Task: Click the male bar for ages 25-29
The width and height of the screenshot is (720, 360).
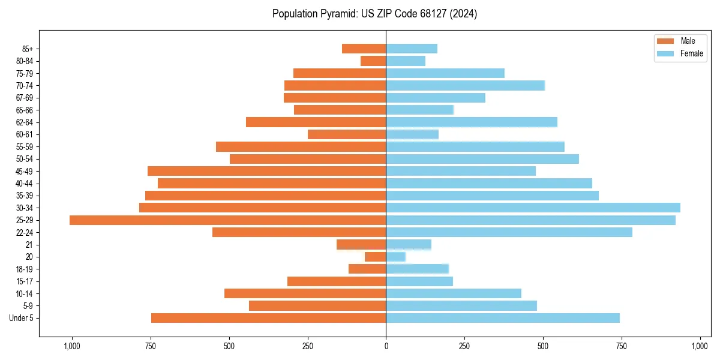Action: (x=228, y=220)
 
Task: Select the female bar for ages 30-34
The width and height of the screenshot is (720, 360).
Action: (x=533, y=208)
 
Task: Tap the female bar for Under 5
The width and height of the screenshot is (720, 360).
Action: (x=503, y=318)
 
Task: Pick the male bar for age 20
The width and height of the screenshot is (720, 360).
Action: (x=375, y=257)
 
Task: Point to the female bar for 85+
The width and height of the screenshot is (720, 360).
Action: (x=412, y=49)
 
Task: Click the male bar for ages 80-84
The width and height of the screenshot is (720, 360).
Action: (x=373, y=61)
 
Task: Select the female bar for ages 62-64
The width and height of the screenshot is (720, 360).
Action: (x=472, y=122)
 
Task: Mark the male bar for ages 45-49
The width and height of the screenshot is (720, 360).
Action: (x=267, y=171)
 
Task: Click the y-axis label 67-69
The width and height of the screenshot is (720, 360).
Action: (x=25, y=98)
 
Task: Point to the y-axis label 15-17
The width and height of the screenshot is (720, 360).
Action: (x=25, y=281)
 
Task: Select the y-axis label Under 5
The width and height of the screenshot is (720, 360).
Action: (x=22, y=318)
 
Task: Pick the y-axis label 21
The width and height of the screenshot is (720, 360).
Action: (x=29, y=245)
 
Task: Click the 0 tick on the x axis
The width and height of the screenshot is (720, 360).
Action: (x=386, y=346)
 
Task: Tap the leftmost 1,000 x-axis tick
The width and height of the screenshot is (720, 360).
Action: (x=72, y=346)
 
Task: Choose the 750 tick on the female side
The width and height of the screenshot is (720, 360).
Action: (x=622, y=346)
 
